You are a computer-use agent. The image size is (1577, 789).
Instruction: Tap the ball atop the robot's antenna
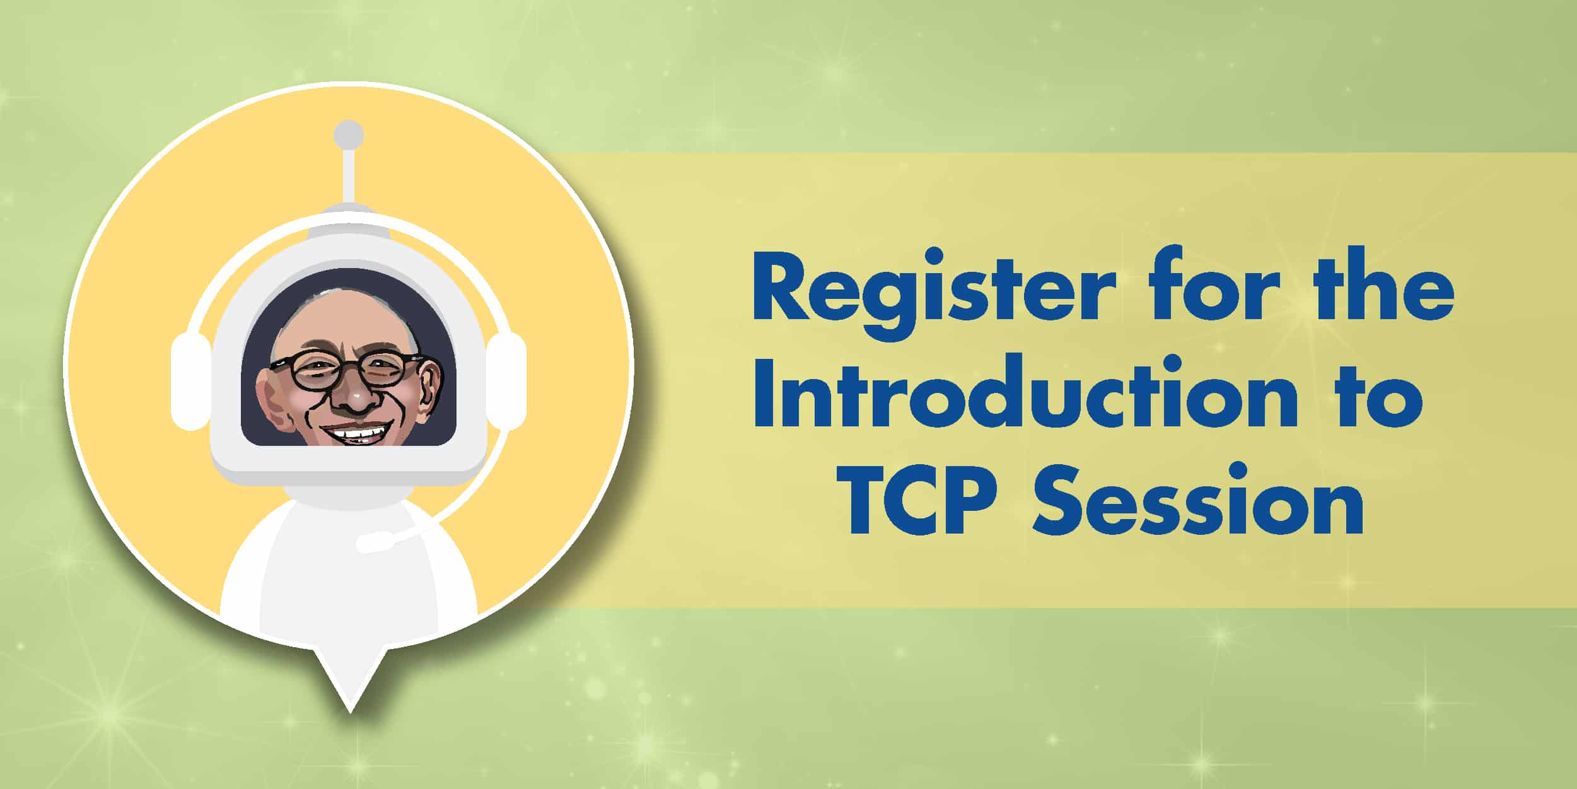348,134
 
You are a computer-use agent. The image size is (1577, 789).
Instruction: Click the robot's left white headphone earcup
190,381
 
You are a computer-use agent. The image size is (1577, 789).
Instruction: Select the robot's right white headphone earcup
506,381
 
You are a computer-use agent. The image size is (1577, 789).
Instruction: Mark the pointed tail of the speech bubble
349,711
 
